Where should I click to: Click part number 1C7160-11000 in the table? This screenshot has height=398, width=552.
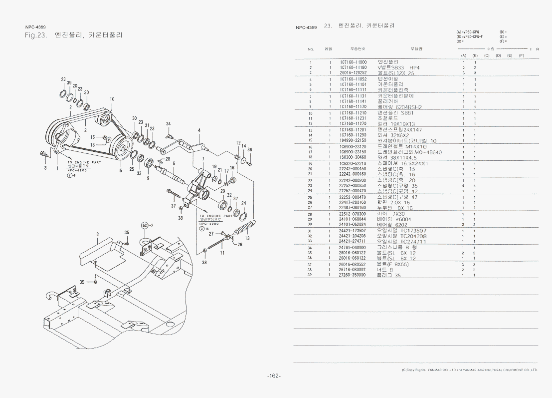[353, 62]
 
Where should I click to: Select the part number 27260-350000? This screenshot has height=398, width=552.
[353, 275]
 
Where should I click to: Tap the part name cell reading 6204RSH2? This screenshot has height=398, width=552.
[399, 107]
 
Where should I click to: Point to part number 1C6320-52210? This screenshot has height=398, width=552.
[353, 163]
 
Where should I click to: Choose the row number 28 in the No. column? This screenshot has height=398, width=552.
[310, 214]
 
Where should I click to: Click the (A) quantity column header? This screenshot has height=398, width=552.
[463, 55]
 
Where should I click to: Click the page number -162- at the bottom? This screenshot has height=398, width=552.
[274, 376]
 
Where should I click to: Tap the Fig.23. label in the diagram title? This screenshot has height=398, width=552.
[35, 35]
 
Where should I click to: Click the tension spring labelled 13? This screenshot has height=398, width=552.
[245, 231]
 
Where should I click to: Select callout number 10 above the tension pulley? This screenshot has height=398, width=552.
[112, 99]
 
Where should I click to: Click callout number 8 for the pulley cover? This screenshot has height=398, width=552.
[98, 234]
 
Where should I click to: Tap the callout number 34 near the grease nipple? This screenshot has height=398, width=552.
[169, 124]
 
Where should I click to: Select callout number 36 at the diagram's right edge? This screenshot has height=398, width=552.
[249, 150]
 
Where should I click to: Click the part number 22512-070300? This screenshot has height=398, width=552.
[353, 214]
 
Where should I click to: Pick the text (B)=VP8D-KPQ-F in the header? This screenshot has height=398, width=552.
[470, 37]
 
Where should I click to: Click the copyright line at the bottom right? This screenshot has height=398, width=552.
[469, 370]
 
